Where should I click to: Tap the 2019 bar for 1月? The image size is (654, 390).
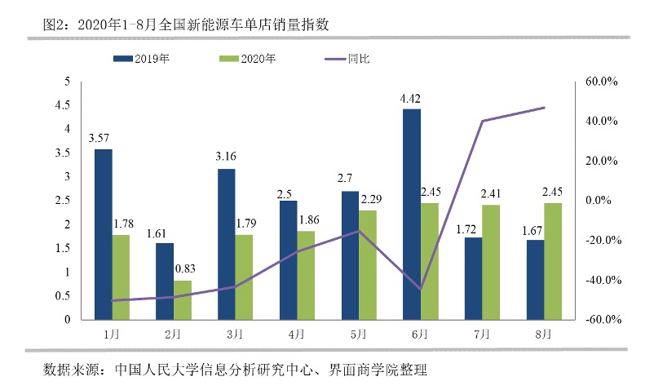point(103,234)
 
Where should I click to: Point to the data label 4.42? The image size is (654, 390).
point(410,99)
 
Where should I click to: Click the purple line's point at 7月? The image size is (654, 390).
point(482,121)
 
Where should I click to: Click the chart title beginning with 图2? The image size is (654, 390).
point(186,24)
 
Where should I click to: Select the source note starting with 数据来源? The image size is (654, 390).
point(235,370)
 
